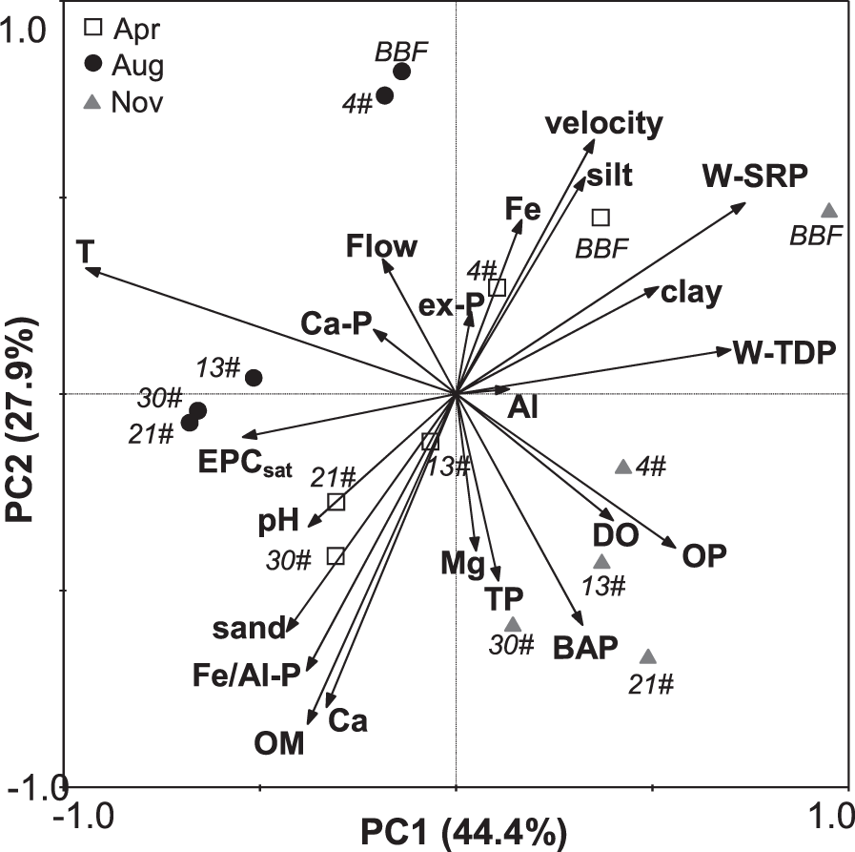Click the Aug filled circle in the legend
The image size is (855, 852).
coord(92,65)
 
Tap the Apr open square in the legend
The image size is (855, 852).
coord(92,27)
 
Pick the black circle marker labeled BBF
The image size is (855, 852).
coord(402,72)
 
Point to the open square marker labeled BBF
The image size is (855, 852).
coord(601,218)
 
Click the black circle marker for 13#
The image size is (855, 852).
coord(254,378)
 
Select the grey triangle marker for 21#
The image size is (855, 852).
coord(648,657)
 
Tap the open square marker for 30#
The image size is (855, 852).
coord(336,555)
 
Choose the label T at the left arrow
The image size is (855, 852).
coord(85,251)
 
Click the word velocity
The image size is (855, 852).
coord(603,123)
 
